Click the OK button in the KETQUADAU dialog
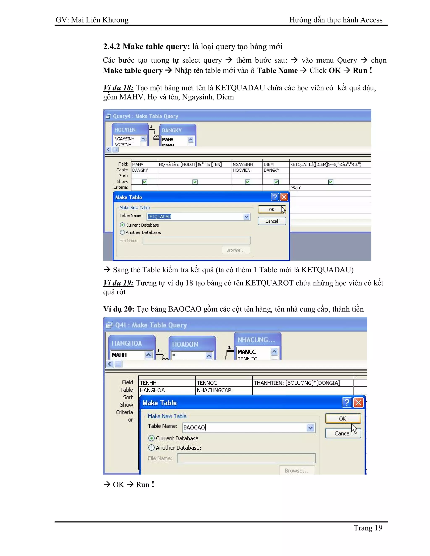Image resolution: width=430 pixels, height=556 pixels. (x=271, y=210)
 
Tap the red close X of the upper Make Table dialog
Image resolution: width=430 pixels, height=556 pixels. (x=284, y=197)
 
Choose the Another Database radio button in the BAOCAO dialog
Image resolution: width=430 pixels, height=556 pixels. (x=151, y=448)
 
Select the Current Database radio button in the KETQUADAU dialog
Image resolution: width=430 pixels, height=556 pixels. (x=122, y=225)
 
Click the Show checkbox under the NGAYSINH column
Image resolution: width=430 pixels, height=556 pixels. (x=247, y=182)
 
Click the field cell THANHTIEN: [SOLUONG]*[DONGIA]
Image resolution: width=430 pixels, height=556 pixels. (x=297, y=383)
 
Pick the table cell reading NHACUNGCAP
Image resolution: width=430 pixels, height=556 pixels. (x=214, y=390)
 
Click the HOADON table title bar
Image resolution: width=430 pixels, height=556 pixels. (x=185, y=344)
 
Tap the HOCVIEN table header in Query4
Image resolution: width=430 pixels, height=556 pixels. (x=125, y=130)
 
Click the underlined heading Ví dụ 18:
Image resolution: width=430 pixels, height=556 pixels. (x=118, y=88)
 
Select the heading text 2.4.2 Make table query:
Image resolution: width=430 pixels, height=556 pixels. (x=147, y=47)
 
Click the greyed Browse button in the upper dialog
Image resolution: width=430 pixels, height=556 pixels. (x=236, y=250)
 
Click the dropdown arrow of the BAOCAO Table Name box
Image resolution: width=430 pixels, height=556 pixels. (x=310, y=428)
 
